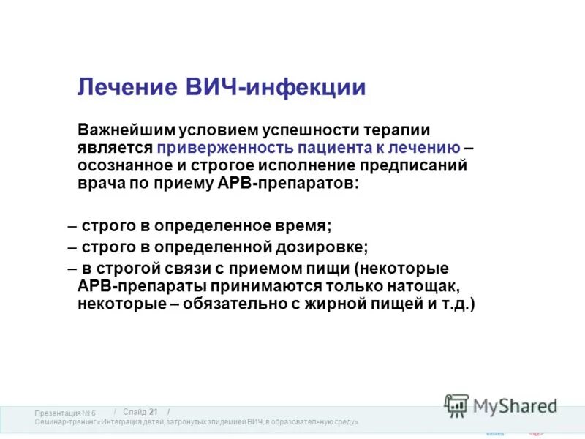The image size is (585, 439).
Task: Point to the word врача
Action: pos(98,184)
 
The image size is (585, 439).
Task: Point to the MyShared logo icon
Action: pos(456,405)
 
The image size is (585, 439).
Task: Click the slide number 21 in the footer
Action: pos(153,412)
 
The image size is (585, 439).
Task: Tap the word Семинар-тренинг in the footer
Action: pos(65,423)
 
